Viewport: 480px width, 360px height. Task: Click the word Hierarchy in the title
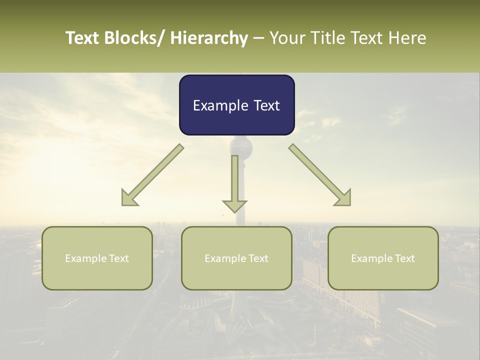(x=209, y=38)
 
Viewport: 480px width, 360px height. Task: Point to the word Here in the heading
(x=407, y=38)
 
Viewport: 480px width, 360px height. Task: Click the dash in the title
(x=258, y=38)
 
